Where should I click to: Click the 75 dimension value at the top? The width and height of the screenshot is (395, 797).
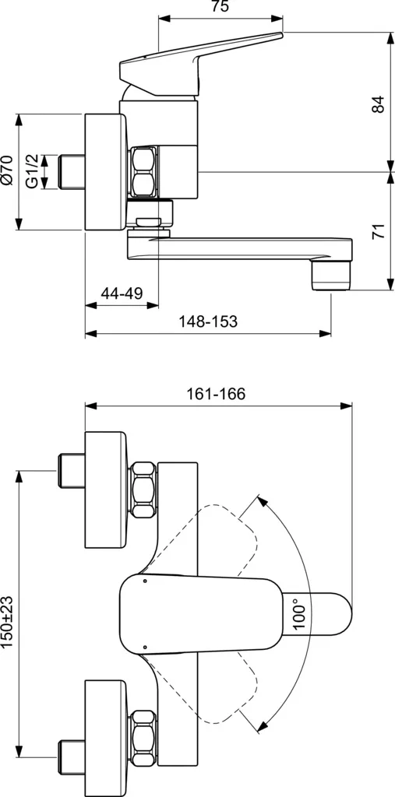(x=220, y=8)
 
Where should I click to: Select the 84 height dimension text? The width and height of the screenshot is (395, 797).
(x=378, y=104)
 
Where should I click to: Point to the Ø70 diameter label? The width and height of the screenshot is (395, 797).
(x=8, y=170)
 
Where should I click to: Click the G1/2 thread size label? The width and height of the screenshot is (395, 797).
(x=31, y=170)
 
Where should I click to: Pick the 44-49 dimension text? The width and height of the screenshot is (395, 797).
(x=122, y=293)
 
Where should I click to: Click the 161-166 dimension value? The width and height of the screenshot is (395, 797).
(x=216, y=394)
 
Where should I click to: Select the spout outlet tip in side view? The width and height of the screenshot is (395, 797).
(x=330, y=275)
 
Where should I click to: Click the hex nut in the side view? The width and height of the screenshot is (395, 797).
(x=144, y=170)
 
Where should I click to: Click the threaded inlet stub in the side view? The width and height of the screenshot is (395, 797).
(x=70, y=170)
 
